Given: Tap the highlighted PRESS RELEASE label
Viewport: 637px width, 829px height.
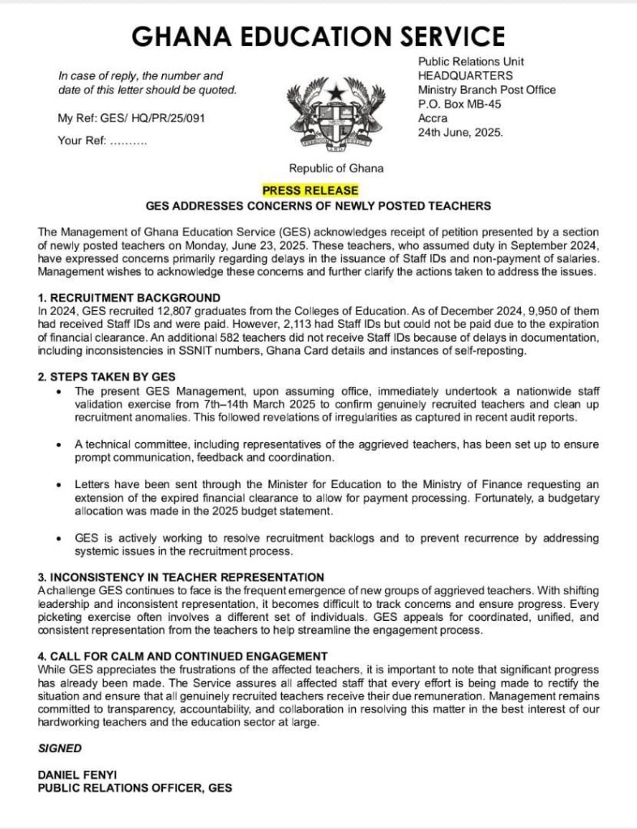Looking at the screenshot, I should pyautogui.click(x=310, y=190).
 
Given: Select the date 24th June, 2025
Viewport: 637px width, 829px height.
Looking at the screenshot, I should pyautogui.click(x=460, y=133).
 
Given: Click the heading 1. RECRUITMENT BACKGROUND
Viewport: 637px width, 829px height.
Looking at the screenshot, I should pyautogui.click(x=129, y=297).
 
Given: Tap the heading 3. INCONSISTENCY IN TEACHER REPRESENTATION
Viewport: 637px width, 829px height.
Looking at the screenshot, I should pyautogui.click(x=181, y=577).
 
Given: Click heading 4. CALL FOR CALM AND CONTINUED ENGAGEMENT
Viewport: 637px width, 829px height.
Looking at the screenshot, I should pyautogui.click(x=182, y=656).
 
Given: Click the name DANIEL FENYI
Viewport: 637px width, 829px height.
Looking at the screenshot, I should pyautogui.click(x=75, y=775).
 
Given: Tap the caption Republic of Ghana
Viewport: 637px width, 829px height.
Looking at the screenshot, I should pyautogui.click(x=336, y=169).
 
